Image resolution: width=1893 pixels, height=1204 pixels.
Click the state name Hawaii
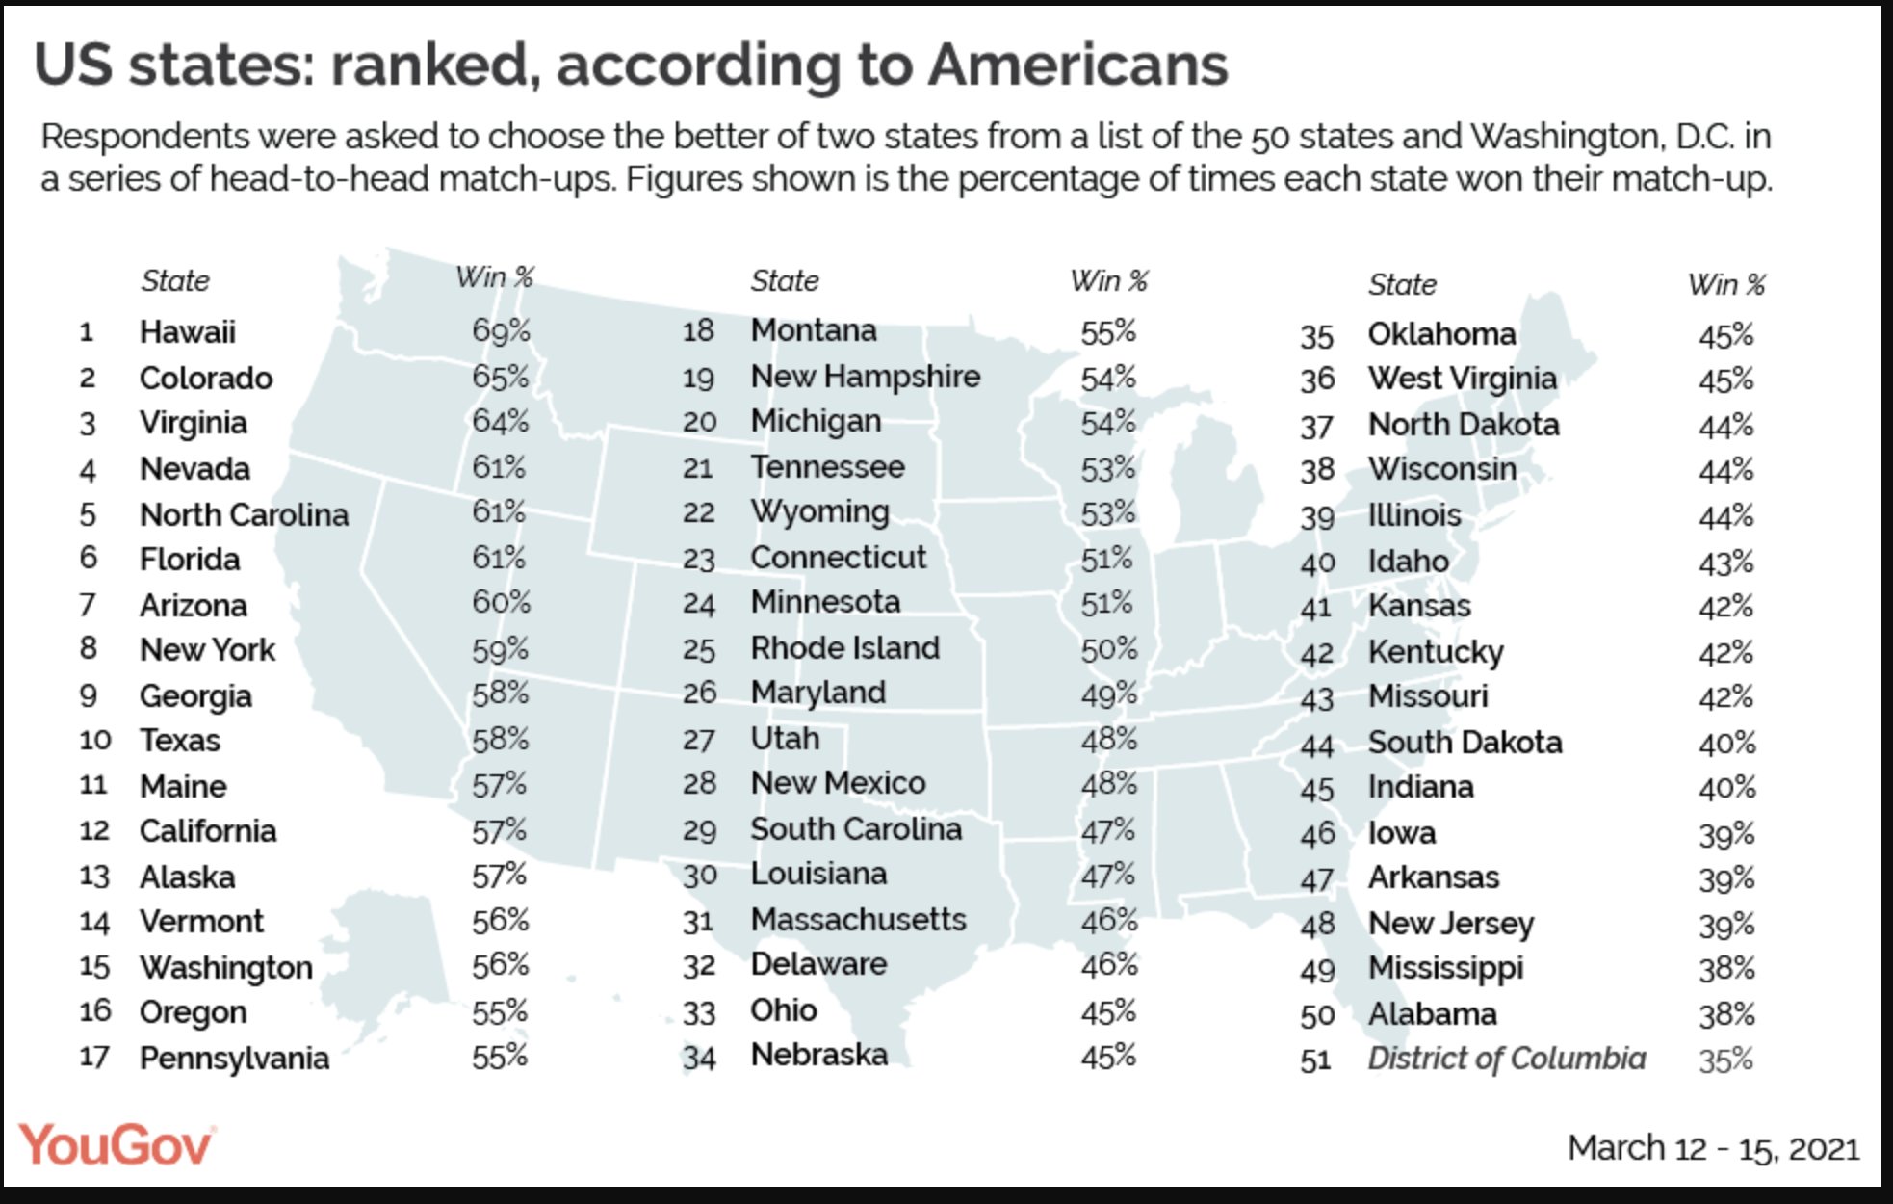[x=187, y=332]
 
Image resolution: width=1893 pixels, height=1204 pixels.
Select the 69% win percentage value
[x=501, y=331]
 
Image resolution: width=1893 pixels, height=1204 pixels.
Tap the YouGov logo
[x=117, y=1145]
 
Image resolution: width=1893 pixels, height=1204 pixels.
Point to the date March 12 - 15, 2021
[x=1713, y=1148]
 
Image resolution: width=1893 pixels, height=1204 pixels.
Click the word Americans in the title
[x=1077, y=65]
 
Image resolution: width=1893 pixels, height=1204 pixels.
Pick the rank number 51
[x=1315, y=1060]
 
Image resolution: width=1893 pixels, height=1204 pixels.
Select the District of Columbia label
[x=1506, y=1059]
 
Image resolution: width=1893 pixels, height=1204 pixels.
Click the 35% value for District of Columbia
[x=1725, y=1060]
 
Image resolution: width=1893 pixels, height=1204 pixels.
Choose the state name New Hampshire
[x=865, y=377]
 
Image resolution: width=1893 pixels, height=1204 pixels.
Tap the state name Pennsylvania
[x=234, y=1059]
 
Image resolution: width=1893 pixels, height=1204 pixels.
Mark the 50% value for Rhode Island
[x=1108, y=649]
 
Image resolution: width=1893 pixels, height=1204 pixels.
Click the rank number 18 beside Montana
[x=698, y=331]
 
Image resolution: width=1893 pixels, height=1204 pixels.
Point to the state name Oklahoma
[x=1441, y=334]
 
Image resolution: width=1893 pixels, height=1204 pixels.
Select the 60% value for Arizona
[x=501, y=603]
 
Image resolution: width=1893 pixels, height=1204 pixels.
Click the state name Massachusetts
[x=858, y=920]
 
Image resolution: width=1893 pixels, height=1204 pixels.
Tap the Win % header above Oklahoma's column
[x=1725, y=285]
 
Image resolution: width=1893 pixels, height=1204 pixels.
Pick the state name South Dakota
[x=1465, y=743]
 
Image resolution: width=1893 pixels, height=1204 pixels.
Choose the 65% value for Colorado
[x=501, y=378]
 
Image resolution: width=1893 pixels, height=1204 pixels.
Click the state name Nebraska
[x=818, y=1056]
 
